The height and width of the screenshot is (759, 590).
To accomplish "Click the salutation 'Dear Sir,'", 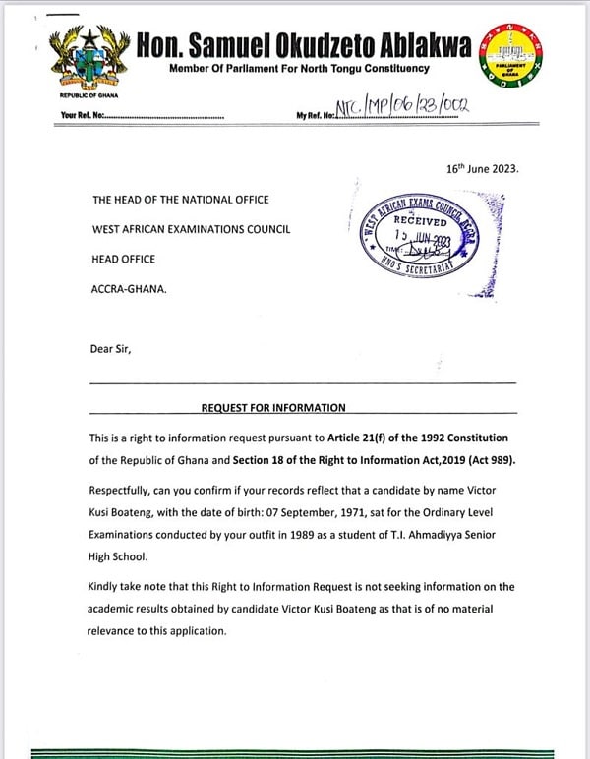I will click(x=113, y=347).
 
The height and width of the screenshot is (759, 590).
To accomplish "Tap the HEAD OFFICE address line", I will click(x=124, y=260).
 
